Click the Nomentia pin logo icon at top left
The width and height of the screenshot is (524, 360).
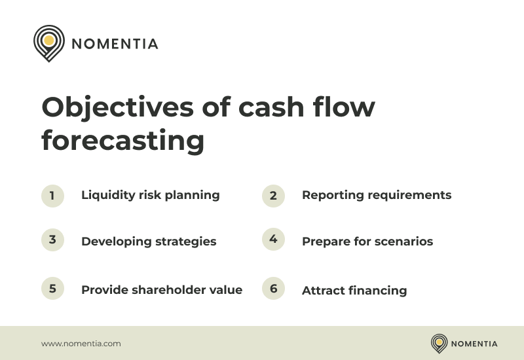point(48,43)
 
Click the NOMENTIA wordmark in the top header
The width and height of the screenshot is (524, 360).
point(115,45)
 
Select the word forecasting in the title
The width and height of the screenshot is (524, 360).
point(122,141)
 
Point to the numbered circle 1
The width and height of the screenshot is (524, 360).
point(52,196)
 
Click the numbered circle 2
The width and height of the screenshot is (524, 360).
point(273,196)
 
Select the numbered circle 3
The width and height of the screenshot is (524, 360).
point(52,240)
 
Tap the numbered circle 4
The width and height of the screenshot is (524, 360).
point(273,240)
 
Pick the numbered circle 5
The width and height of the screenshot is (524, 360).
point(52,289)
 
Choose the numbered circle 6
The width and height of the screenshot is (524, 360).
point(273,289)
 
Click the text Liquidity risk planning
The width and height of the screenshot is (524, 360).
point(150,195)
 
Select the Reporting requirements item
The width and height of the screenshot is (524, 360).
point(376,195)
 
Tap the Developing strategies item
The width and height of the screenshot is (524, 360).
point(149,242)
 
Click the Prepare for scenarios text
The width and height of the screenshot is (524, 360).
point(367,242)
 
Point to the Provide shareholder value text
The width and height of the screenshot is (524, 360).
point(162,290)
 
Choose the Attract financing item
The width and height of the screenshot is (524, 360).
point(354,291)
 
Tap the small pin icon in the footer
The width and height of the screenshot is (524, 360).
point(439,343)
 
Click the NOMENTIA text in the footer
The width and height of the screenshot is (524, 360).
point(474,344)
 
